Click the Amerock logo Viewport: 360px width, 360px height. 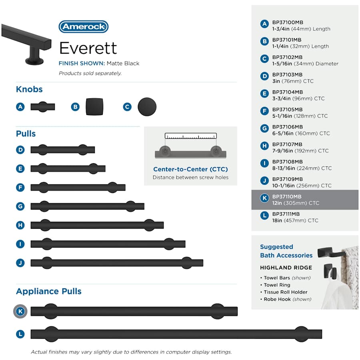pyautogui.click(x=84, y=27)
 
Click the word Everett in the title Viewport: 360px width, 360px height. pyautogui.click(x=88, y=48)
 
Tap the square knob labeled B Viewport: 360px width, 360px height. pyautogui.click(x=94, y=107)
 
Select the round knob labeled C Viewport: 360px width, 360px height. pyautogui.click(x=147, y=107)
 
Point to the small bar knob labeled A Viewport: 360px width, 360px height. pyautogui.click(x=43, y=107)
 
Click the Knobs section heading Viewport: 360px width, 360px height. pyautogui.click(x=29, y=89)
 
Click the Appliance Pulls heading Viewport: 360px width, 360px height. pyautogui.click(x=49, y=291)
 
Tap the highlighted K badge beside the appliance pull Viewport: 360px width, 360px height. pyautogui.click(x=20, y=311)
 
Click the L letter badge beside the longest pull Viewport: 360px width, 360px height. pyautogui.click(x=20, y=334)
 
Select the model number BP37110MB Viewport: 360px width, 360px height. pyautogui.click(x=287, y=196)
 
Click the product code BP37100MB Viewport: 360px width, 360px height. pyautogui.click(x=288, y=22)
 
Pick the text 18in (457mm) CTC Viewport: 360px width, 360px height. pyautogui.click(x=295, y=220)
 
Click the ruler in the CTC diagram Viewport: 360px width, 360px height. pyautogui.click(x=190, y=136)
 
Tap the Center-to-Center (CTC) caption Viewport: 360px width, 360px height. pyautogui.click(x=190, y=169)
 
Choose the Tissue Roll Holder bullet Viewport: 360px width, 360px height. pyautogui.click(x=284, y=292)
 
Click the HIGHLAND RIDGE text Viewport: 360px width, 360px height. pyautogui.click(x=286, y=268)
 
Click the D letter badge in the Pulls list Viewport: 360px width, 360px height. pyautogui.click(x=20, y=150)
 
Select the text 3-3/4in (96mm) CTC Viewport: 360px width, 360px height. pyautogui.click(x=298, y=98)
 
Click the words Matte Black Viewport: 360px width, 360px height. pyautogui.click(x=123, y=63)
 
